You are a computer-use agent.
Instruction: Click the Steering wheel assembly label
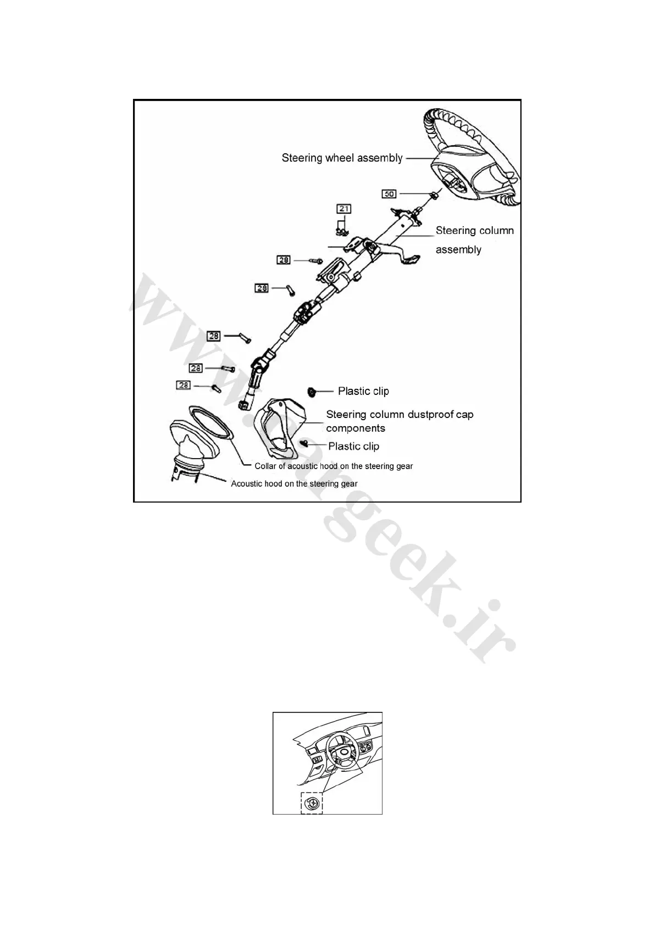pyautogui.click(x=342, y=158)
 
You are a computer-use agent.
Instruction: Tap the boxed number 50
pyautogui.click(x=389, y=194)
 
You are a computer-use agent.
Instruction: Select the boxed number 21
pyautogui.click(x=344, y=209)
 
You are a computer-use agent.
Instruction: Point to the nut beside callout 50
pyautogui.click(x=434, y=194)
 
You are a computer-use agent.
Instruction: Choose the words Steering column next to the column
pyautogui.click(x=474, y=231)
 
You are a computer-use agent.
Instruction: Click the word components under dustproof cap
pyautogui.click(x=355, y=428)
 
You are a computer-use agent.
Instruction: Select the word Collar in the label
pyautogui.click(x=267, y=466)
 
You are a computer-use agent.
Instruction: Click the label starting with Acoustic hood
pyautogui.click(x=294, y=484)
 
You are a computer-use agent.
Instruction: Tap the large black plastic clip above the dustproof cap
pyautogui.click(x=311, y=391)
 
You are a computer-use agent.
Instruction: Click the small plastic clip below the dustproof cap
pyautogui.click(x=303, y=443)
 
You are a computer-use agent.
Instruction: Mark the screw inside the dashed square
pyautogui.click(x=312, y=803)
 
